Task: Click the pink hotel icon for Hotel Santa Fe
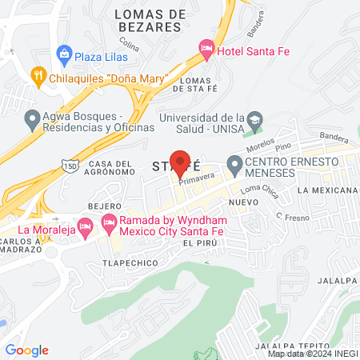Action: (x=206, y=51)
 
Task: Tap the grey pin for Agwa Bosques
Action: (x=33, y=119)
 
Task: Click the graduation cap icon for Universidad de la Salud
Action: (x=254, y=120)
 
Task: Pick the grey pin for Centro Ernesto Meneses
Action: (x=235, y=166)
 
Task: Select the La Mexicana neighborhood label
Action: (x=326, y=191)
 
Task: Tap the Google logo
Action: (x=27, y=350)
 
